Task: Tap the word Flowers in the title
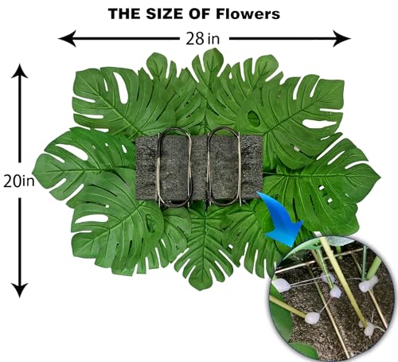248,14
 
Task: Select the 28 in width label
203,39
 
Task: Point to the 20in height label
19,181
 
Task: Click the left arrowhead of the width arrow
67,39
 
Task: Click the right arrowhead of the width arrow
342,39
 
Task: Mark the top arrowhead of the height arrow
19,71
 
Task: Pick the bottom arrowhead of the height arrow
19,290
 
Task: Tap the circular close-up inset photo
332,299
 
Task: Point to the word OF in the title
201,14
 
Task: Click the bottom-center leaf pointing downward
205,247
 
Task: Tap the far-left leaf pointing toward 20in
80,165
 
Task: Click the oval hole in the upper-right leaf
254,118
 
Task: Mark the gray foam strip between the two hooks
199,169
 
